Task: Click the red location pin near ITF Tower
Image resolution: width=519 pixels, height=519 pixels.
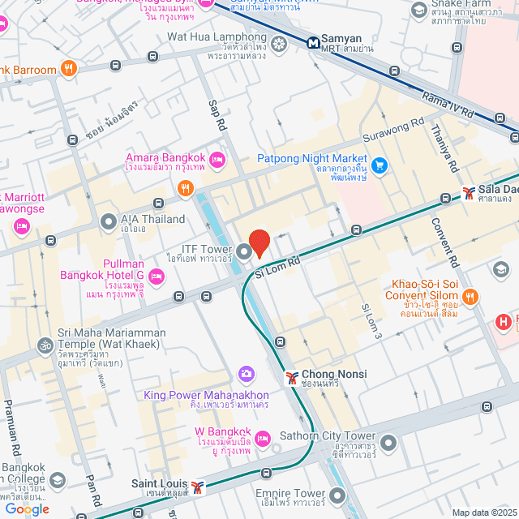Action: (259, 242)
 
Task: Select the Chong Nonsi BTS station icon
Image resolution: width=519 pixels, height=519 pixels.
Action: (291, 378)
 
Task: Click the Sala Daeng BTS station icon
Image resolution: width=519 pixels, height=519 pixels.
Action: (469, 193)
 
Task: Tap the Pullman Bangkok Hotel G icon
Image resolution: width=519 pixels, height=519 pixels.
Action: (157, 277)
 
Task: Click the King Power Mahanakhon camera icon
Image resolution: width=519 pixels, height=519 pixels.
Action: (246, 373)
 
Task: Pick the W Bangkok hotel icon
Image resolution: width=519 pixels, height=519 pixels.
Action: (262, 439)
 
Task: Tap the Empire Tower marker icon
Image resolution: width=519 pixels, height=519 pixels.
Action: (338, 494)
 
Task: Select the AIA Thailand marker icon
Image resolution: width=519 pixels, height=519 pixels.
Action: (108, 221)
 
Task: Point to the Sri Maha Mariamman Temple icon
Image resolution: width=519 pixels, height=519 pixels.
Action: (44, 345)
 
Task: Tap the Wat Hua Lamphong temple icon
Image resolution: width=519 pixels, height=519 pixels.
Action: (280, 43)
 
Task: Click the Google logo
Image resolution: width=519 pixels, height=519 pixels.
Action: (27, 509)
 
